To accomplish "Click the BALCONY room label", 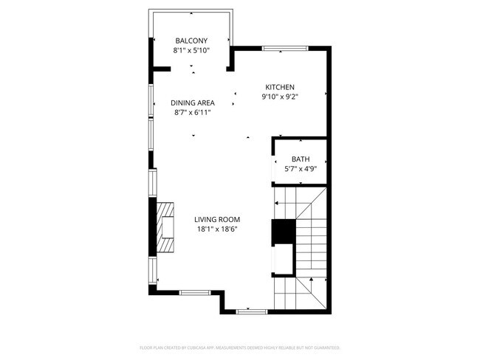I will pyautogui.click(x=191, y=41).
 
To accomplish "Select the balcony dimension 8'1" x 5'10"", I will pyautogui.click(x=191, y=51).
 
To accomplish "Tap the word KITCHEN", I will pyautogui.click(x=281, y=87).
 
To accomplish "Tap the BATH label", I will pyautogui.click(x=301, y=159).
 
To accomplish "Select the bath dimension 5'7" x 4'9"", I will pyautogui.click(x=301, y=169).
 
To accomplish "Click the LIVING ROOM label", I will pyautogui.click(x=217, y=219).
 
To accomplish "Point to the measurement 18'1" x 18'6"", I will pyautogui.click(x=217, y=229).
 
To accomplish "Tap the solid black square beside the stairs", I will pyautogui.click(x=283, y=232).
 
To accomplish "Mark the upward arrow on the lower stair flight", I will pyautogui.click(x=313, y=280).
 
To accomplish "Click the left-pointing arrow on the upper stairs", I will pyautogui.click(x=278, y=204).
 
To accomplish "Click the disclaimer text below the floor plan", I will pyautogui.click(x=239, y=347).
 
